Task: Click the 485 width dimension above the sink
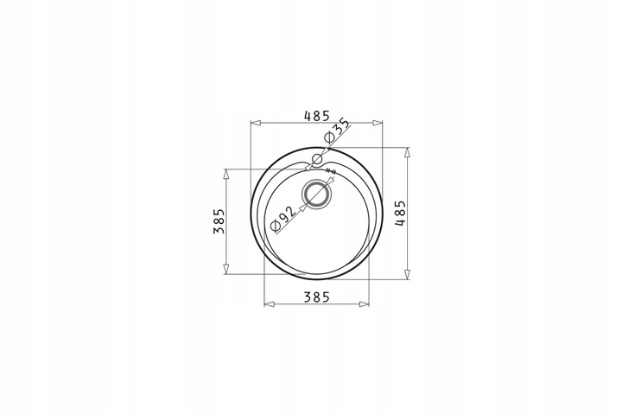316,116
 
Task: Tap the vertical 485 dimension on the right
400,214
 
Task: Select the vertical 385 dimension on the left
219,221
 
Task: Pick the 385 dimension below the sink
316,297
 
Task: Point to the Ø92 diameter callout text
282,219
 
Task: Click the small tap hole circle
317,160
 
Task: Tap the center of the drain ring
316,195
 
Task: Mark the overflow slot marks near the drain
331,171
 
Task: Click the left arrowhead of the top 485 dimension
256,123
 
